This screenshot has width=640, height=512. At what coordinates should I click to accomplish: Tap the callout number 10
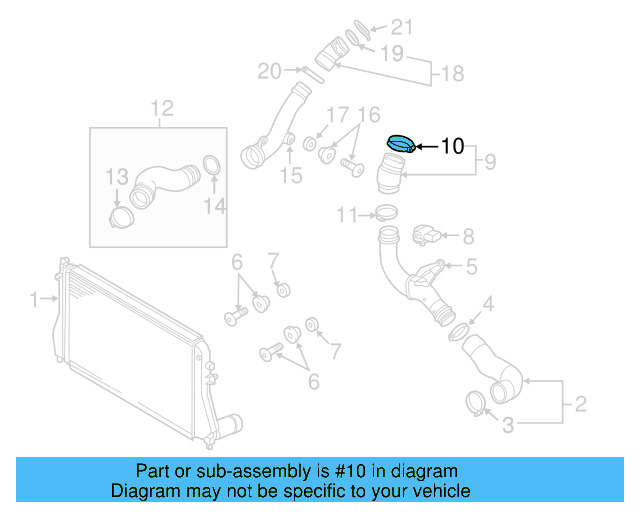click(452, 147)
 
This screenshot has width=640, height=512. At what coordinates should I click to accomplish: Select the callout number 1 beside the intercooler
click(33, 298)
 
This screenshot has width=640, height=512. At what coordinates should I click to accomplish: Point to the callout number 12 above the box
click(161, 108)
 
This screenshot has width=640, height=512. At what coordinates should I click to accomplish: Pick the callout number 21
click(400, 27)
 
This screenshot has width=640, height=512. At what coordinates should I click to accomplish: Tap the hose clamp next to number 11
click(385, 213)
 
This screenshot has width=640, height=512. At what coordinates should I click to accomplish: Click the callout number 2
click(579, 405)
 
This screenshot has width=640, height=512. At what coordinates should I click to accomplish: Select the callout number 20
click(269, 71)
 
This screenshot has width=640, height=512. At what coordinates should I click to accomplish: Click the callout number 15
click(290, 176)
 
